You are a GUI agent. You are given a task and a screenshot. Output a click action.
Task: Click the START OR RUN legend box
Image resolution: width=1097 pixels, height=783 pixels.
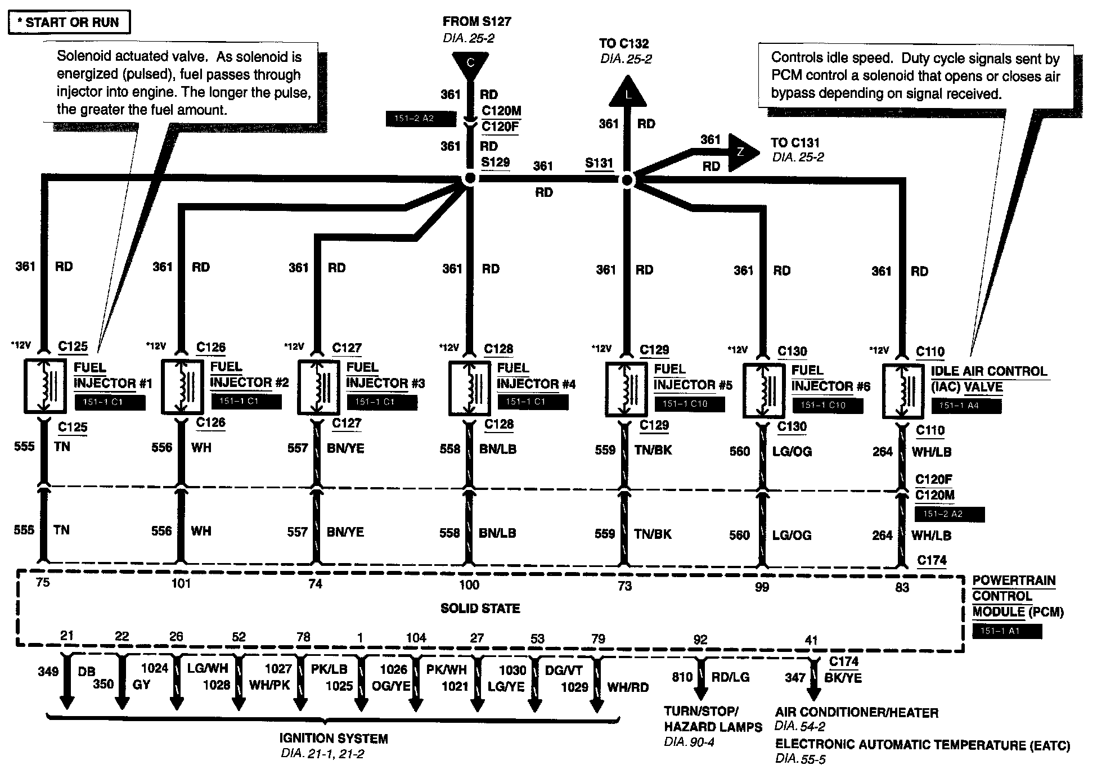(69, 23)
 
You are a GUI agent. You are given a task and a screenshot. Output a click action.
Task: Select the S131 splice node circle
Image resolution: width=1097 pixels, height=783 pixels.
(627, 180)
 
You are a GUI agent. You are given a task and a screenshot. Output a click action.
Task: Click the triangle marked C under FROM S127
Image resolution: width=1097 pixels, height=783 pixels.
(470, 64)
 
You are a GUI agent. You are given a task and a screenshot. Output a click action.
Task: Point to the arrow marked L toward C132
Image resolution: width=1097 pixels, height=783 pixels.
(628, 92)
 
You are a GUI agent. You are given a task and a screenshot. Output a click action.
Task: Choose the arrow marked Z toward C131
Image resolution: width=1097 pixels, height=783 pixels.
(741, 152)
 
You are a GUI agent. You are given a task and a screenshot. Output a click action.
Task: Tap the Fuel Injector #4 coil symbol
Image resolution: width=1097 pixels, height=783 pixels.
(469, 388)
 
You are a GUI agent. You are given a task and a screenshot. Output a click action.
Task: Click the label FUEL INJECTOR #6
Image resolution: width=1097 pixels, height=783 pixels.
(830, 378)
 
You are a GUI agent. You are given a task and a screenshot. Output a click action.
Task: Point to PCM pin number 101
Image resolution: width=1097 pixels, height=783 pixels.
(181, 584)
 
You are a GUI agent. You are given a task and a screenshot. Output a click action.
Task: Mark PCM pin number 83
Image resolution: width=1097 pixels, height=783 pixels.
(902, 587)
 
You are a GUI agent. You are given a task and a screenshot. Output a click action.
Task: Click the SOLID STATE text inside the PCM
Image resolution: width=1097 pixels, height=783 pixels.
(480, 609)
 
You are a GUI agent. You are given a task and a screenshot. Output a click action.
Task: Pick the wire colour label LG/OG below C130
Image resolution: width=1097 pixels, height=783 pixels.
(792, 452)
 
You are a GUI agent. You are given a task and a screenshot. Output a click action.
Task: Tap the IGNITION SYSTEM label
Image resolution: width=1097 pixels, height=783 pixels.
(334, 739)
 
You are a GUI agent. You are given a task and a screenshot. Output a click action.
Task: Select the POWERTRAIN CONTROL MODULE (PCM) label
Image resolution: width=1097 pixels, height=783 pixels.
(1018, 596)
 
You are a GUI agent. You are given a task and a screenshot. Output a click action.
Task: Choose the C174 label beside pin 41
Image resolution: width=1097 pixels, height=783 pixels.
(843, 662)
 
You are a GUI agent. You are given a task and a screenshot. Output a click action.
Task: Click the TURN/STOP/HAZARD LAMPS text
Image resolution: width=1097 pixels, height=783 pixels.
(713, 719)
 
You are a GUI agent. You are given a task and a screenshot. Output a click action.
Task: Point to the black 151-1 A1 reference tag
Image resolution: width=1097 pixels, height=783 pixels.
(1007, 631)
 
